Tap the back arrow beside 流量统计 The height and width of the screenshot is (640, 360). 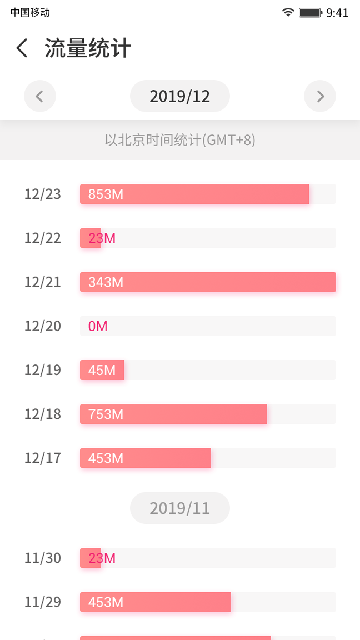(x=22, y=48)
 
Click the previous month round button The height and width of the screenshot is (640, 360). (x=40, y=96)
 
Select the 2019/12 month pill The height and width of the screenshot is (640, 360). (x=179, y=96)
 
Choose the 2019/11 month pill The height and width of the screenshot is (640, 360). (x=179, y=508)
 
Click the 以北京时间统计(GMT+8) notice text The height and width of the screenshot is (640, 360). (x=180, y=140)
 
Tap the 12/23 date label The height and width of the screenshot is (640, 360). (x=43, y=194)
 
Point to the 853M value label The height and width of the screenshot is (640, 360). (x=106, y=194)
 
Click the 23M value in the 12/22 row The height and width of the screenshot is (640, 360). (x=102, y=238)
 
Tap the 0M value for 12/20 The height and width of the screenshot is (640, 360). (x=98, y=326)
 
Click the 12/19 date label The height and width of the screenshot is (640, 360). (x=43, y=370)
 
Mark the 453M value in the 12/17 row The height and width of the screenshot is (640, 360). (x=106, y=458)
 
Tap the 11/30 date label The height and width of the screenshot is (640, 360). (x=43, y=558)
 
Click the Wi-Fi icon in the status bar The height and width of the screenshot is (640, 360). (x=288, y=12)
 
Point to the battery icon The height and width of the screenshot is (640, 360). (x=310, y=12)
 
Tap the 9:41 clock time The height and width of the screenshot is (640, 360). (x=337, y=13)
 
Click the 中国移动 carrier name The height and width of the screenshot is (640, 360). (x=30, y=12)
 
